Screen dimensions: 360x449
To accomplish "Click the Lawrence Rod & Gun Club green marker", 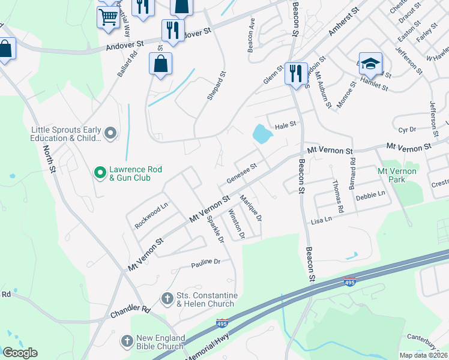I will pyautogui.click(x=101, y=173).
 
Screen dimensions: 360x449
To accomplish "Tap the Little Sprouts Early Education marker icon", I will pyautogui.click(x=110, y=133).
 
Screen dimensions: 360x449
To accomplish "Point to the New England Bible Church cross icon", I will pyautogui.click(x=127, y=341).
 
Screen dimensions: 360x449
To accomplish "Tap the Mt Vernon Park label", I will pyautogui.click(x=397, y=175).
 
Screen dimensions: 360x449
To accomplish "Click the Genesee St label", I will pyautogui.click(x=241, y=173).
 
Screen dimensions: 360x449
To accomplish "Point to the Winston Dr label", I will pyautogui.click(x=237, y=223).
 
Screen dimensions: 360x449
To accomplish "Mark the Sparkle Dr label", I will pyautogui.click(x=215, y=229).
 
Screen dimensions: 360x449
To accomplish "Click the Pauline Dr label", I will pyautogui.click(x=206, y=262).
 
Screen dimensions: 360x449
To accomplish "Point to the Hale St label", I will pyautogui.click(x=286, y=125).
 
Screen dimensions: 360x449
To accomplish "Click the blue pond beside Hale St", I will pyautogui.click(x=262, y=134).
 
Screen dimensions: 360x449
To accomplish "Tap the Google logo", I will pyautogui.click(x=20, y=353).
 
